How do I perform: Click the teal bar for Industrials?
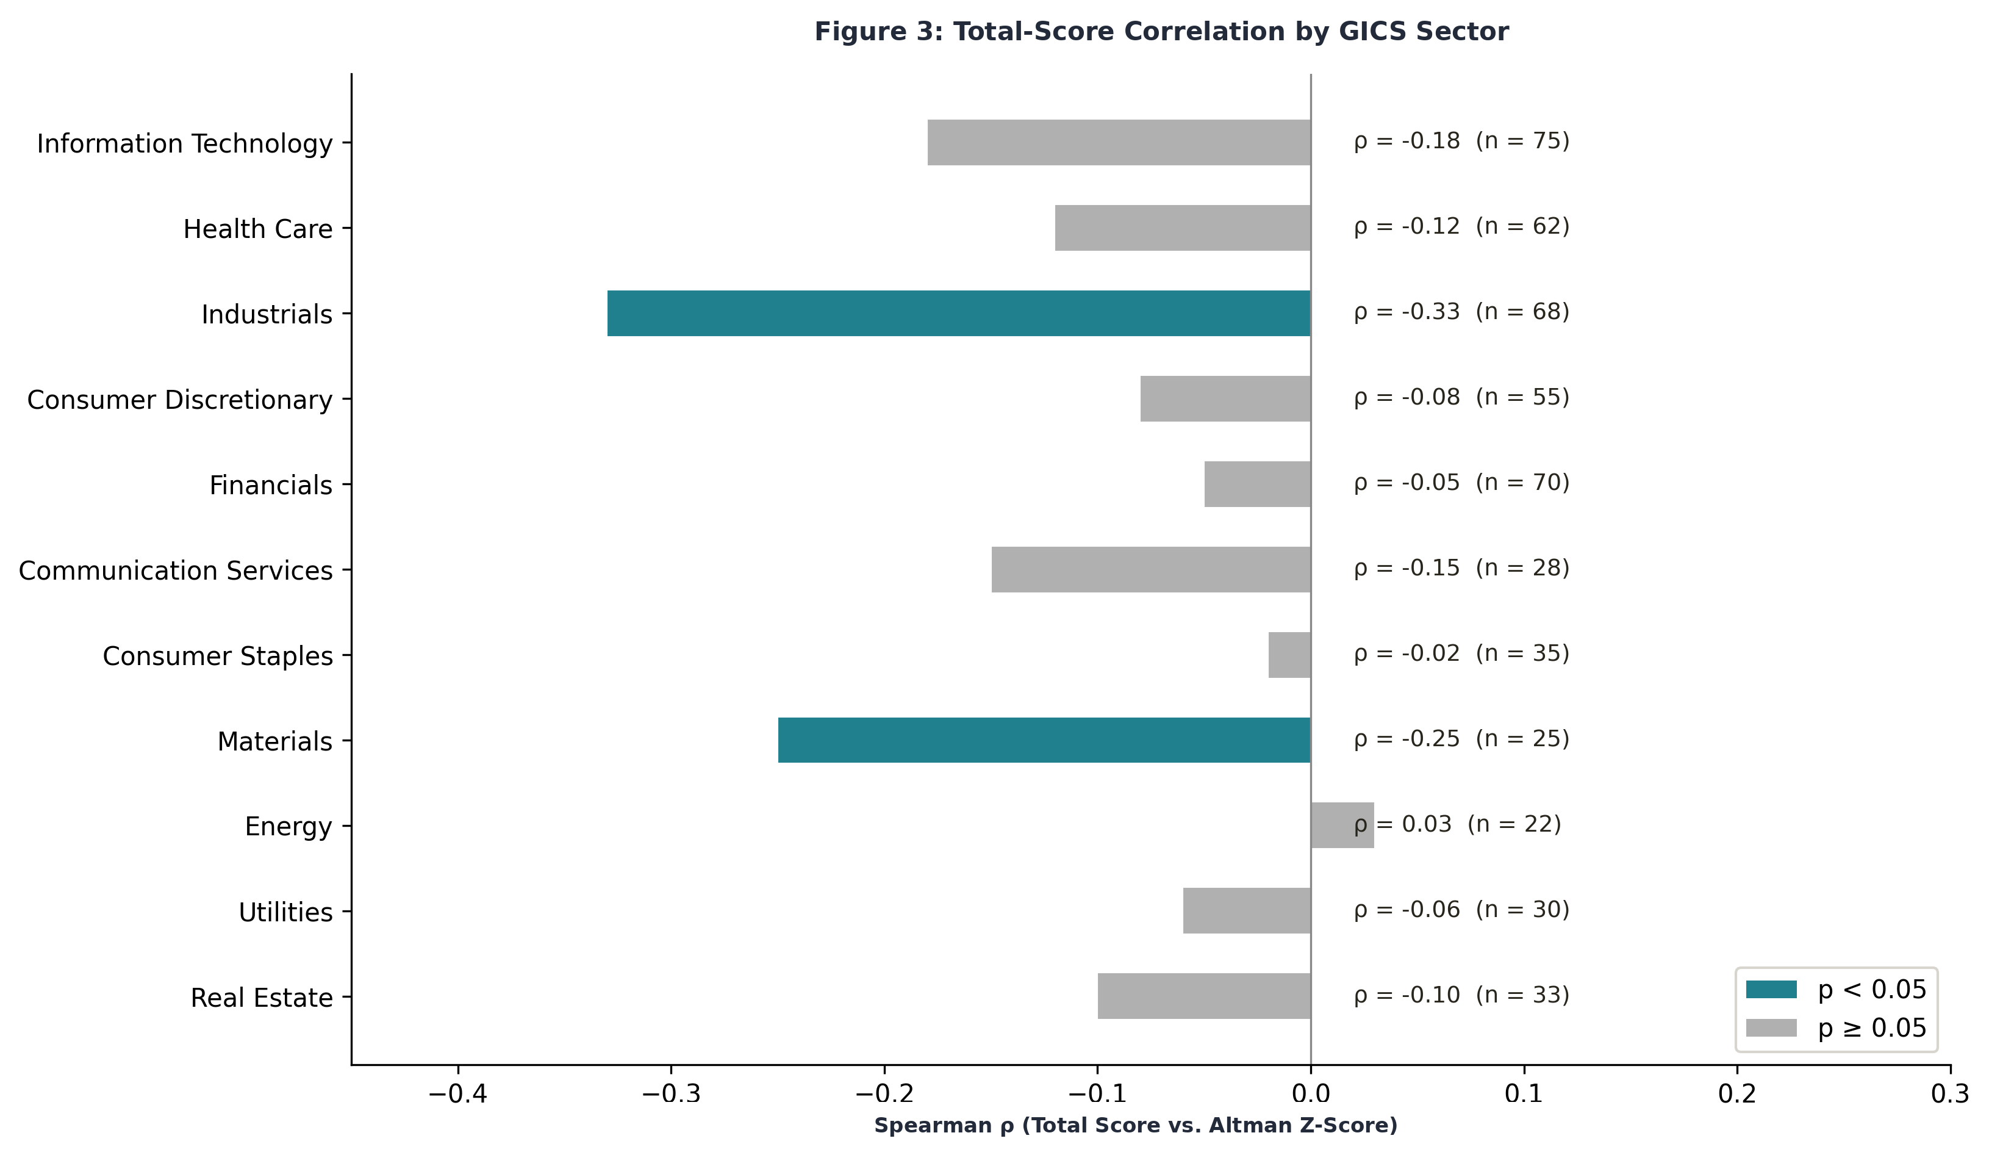[958, 314]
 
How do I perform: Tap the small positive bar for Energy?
[1341, 826]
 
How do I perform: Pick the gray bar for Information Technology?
[1119, 142]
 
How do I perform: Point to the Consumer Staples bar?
[1289, 655]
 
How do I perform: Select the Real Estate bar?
[1203, 996]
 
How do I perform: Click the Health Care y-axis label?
[257, 229]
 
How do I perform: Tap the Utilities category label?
[285, 912]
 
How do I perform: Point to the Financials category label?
[270, 484]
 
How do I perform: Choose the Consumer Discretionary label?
[179, 400]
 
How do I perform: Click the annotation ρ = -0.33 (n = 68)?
[1461, 312]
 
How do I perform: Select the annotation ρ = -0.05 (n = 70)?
[1461, 483]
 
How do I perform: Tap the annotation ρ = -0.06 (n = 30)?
[1461, 910]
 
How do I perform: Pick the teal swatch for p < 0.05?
[1771, 990]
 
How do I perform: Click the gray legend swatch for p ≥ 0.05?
[1771, 1028]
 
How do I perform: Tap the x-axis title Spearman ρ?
[1135, 1126]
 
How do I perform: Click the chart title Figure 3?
[1161, 32]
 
